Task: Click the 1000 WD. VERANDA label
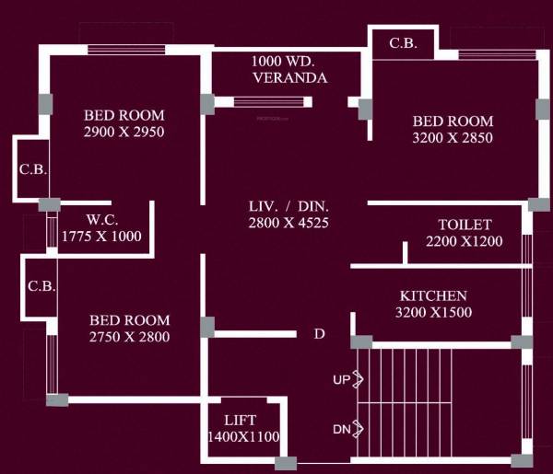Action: coord(288,69)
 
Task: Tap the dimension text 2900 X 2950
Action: coord(124,132)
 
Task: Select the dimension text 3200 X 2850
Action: coord(453,138)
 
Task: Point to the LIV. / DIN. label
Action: coord(288,205)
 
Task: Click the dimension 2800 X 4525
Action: coord(288,222)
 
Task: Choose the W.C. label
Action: coord(100,219)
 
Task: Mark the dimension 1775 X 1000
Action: coord(101,236)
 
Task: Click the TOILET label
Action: coord(465,224)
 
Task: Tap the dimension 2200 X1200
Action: coord(465,241)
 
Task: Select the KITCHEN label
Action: coord(432,295)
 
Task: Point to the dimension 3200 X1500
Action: coord(432,313)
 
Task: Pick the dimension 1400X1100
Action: coord(243,436)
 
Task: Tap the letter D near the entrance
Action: coord(320,333)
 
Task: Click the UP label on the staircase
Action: coord(340,379)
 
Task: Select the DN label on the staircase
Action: coord(340,429)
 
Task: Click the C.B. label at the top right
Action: coord(401,42)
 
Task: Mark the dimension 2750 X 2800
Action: coord(130,337)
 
